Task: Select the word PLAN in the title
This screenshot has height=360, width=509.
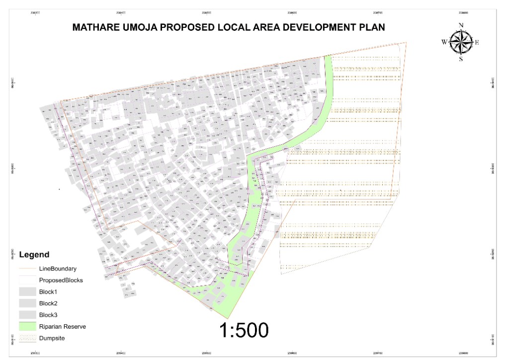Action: tap(371, 27)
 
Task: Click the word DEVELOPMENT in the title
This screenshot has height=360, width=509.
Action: tap(315, 27)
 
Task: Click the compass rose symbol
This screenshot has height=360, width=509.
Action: tap(461, 42)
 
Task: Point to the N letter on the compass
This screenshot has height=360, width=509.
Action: tap(461, 25)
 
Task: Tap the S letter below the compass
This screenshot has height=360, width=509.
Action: tap(461, 59)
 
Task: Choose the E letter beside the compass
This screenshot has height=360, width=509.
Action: tap(477, 42)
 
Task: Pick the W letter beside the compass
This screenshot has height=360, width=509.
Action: tap(444, 42)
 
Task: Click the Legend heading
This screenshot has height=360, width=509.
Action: tap(34, 255)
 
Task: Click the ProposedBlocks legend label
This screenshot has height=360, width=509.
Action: tap(61, 280)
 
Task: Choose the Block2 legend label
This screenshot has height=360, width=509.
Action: tap(49, 303)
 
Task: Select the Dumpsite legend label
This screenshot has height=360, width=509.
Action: tap(52, 338)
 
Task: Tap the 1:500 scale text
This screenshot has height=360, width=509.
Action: tap(244, 330)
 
